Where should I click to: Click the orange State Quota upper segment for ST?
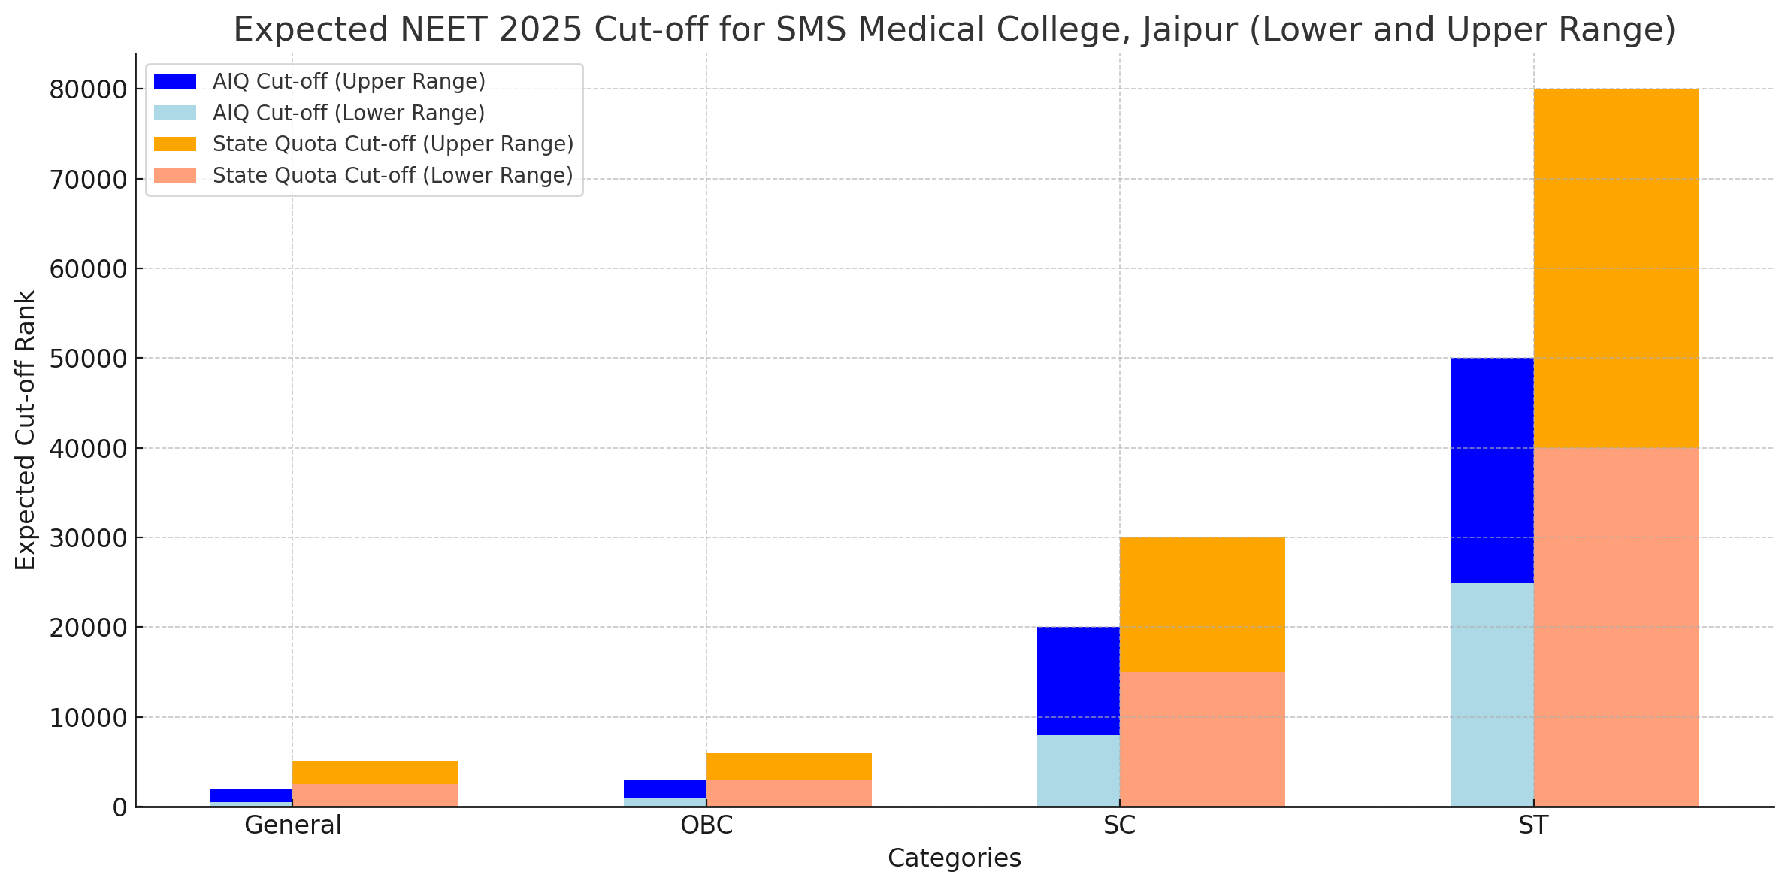tap(1616, 268)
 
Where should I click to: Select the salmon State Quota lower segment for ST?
tap(1616, 627)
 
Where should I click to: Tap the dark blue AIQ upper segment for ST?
tap(1492, 470)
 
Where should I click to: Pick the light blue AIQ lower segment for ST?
tap(1492, 694)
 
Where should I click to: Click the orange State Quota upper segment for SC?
tap(1202, 604)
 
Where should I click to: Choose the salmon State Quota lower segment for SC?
tap(1202, 739)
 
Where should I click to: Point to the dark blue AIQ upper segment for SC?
tap(1078, 680)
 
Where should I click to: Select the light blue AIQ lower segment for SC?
tap(1078, 770)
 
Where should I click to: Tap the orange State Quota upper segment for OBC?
tap(788, 766)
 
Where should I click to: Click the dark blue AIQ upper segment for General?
tap(250, 795)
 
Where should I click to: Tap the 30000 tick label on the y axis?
tap(89, 538)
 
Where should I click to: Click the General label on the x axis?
tap(292, 825)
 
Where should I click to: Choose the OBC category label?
tap(706, 825)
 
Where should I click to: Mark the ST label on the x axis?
tap(1533, 825)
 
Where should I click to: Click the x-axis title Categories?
tap(954, 858)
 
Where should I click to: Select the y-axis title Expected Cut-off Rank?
tap(26, 430)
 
